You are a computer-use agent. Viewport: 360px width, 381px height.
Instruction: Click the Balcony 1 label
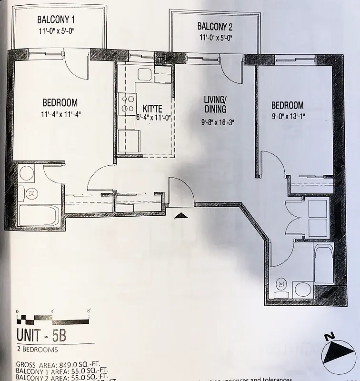[x=56, y=20]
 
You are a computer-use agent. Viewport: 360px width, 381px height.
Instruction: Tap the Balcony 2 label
[x=215, y=26]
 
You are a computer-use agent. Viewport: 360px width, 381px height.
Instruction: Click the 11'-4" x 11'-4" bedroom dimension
[x=60, y=114]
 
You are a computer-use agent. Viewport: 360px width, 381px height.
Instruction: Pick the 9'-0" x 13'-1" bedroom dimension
[x=288, y=116]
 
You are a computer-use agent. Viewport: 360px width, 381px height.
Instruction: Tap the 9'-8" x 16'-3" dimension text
[x=218, y=122]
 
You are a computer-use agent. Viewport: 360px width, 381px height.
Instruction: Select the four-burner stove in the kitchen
[x=128, y=104]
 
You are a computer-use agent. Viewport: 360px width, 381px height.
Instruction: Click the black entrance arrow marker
[x=180, y=216]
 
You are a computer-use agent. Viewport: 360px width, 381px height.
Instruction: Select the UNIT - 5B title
[x=41, y=335]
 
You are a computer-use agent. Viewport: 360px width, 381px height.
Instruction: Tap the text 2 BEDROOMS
[x=37, y=350]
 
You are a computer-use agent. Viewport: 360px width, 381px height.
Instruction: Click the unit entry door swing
[x=181, y=190]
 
